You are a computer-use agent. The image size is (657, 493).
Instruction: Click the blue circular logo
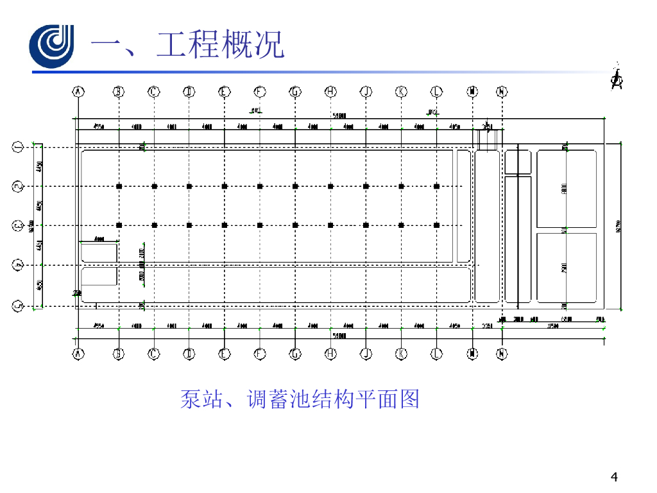52,46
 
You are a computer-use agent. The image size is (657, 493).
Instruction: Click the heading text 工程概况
220,46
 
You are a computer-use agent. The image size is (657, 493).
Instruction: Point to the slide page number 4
615,477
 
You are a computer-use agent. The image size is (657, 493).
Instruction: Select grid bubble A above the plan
78,92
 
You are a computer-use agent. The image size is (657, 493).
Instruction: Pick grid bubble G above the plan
295,92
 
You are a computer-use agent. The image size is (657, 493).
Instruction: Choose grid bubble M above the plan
473,92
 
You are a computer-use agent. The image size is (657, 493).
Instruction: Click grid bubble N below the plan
502,353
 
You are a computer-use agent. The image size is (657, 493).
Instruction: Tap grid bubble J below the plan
366,353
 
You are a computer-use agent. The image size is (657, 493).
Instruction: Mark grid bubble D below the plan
189,353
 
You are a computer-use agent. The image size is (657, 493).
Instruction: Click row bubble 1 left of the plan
18,148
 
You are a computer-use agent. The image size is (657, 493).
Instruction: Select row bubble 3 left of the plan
18,225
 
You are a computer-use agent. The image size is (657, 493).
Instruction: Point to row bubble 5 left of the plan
18,306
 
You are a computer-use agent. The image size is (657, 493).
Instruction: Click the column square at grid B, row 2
119,187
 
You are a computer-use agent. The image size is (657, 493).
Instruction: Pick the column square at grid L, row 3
436,225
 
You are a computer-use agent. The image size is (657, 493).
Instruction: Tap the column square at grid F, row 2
260,187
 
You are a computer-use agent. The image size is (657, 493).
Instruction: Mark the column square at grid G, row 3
295,225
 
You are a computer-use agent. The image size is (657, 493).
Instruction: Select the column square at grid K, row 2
401,187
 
